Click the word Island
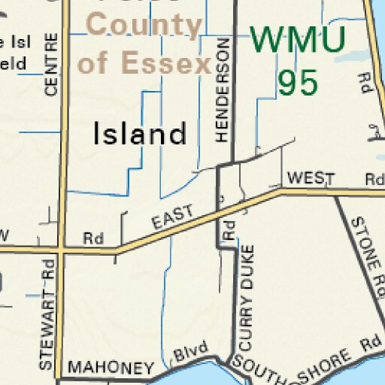(139, 135)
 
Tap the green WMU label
(299, 39)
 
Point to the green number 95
(299, 83)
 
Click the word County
(145, 26)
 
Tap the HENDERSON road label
(221, 90)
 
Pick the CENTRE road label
(51, 64)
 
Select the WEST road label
(310, 178)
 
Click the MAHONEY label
(111, 368)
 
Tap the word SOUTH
(256, 370)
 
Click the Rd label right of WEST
(374, 179)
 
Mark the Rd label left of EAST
(92, 238)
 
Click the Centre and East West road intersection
(59, 249)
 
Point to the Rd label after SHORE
(369, 343)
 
